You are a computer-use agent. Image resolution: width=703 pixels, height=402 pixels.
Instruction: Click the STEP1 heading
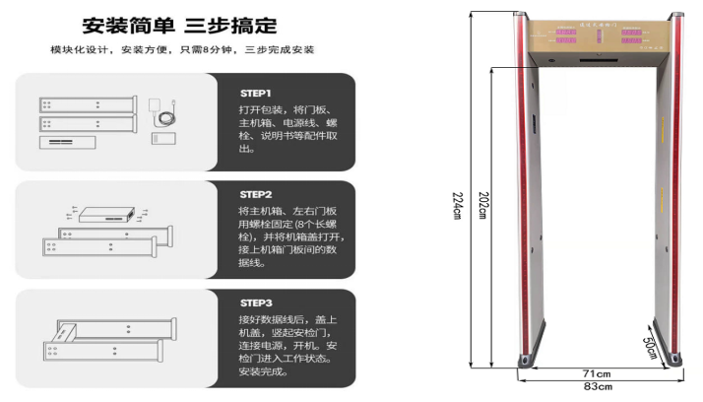pyautogui.click(x=256, y=93)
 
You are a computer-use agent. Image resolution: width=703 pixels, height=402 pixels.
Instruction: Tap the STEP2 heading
pyautogui.click(x=256, y=195)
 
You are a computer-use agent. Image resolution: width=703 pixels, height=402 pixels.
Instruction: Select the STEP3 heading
pyautogui.click(x=256, y=302)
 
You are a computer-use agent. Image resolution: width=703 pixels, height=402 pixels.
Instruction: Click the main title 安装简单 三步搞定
pyautogui.click(x=179, y=26)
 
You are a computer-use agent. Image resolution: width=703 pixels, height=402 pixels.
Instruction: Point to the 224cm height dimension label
pyautogui.click(x=458, y=206)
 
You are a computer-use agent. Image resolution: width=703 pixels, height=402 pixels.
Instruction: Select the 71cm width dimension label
pyautogui.click(x=597, y=373)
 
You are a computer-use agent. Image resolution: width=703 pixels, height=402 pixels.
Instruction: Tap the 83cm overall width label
pyautogui.click(x=597, y=386)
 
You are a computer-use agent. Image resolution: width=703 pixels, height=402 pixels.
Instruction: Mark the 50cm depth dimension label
pyautogui.click(x=651, y=346)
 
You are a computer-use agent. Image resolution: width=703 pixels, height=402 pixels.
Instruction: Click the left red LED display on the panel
pyautogui.click(x=565, y=34)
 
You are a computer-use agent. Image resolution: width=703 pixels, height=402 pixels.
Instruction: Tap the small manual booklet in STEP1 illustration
pyautogui.click(x=162, y=139)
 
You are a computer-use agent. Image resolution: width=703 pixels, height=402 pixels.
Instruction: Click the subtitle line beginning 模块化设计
pyautogui.click(x=182, y=50)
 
